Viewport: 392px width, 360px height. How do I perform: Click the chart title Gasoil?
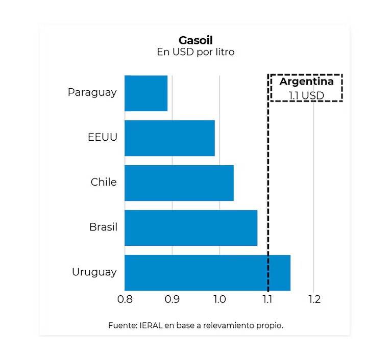click(195, 40)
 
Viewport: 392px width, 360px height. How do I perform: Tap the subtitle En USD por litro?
click(195, 52)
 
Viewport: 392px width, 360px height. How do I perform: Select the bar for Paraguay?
click(146, 93)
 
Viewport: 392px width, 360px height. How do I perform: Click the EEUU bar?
click(169, 138)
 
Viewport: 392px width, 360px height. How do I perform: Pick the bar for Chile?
click(179, 183)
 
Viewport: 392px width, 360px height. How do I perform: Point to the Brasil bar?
click(190, 227)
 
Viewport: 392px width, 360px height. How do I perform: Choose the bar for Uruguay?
click(207, 272)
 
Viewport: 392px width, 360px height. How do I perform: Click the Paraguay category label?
click(92, 93)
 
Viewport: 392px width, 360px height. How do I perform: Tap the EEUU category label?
click(102, 138)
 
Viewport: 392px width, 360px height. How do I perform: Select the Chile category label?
click(104, 182)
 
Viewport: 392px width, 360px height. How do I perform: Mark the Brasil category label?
click(103, 227)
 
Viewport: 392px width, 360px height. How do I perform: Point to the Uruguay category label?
click(94, 272)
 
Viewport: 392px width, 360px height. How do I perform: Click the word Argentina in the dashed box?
click(306, 82)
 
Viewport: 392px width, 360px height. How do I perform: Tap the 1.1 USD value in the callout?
click(306, 95)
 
